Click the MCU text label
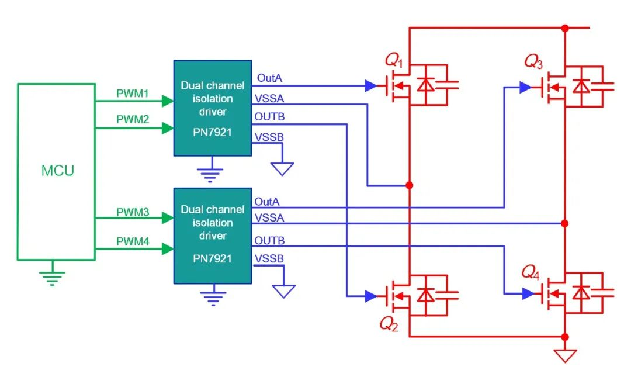tap(57, 170)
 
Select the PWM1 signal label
tap(133, 94)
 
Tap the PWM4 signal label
tap(133, 241)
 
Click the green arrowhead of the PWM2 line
tap(168, 128)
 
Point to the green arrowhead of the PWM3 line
tap(168, 218)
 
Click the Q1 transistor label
tap(394, 60)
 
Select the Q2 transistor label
tap(389, 324)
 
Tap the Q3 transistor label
tap(533, 61)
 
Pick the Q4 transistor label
tap(531, 273)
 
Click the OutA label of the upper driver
tap(269, 78)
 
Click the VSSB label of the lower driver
tap(269, 258)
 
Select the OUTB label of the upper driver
tap(269, 117)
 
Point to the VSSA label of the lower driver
tap(269, 217)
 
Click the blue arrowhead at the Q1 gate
tap(370, 85)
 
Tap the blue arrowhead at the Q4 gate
tap(528, 293)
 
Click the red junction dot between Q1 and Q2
tap(409, 185)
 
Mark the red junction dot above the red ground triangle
tap(565, 337)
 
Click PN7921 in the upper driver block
tap(213, 133)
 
